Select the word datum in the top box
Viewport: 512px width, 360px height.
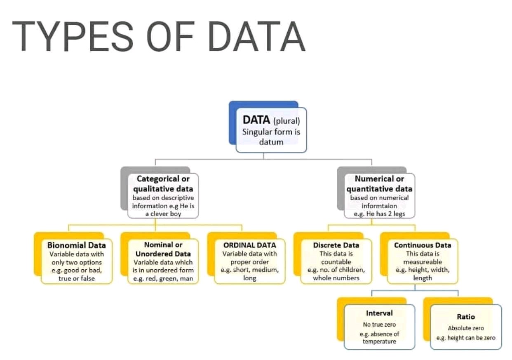coord(271,142)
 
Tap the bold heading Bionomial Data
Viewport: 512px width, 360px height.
coord(77,245)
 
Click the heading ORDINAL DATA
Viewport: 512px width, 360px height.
coord(249,245)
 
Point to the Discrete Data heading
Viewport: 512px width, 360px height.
coord(336,245)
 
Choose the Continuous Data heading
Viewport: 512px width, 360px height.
coord(423,245)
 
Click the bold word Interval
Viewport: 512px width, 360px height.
coord(379,313)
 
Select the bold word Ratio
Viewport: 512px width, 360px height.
coord(466,317)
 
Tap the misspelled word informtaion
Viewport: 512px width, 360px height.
coord(379,206)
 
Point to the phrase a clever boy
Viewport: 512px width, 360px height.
coord(163,214)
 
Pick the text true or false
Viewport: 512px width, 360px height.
coord(77,278)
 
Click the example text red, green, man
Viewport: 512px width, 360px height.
coord(163,278)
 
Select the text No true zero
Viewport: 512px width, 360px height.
coord(379,325)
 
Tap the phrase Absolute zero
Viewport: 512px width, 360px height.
coord(466,328)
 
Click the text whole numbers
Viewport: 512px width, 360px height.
coord(336,278)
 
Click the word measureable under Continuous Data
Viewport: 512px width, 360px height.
coord(423,262)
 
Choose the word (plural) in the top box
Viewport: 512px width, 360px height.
coord(287,121)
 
